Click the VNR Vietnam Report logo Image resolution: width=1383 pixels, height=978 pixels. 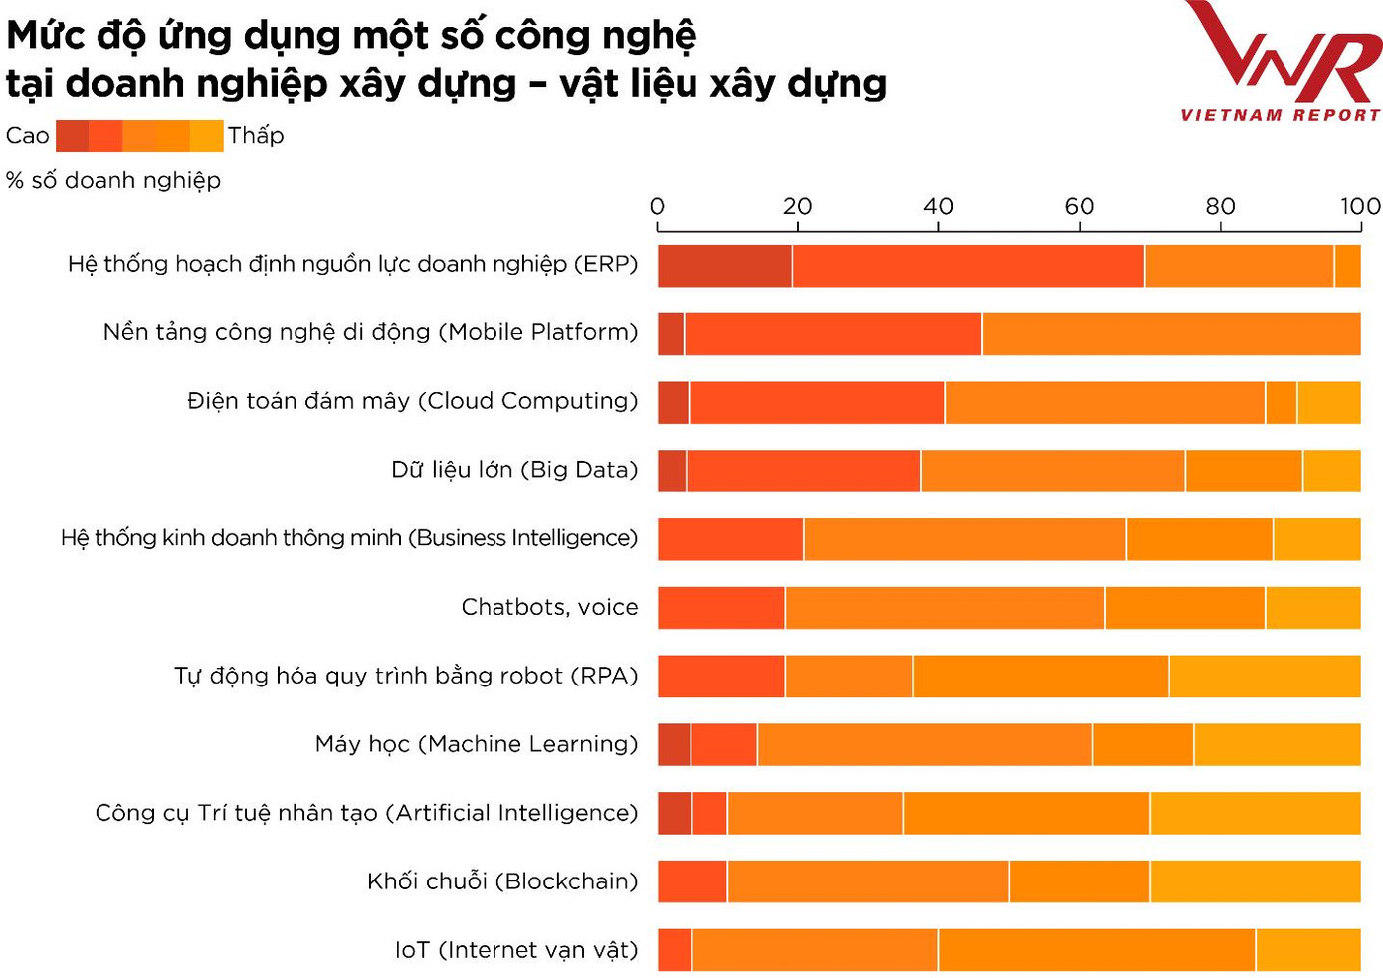(x=1282, y=62)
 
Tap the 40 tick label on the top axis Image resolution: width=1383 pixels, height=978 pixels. (x=938, y=206)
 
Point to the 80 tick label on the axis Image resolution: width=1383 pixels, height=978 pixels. (x=1220, y=206)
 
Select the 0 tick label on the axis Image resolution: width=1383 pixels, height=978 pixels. (x=657, y=206)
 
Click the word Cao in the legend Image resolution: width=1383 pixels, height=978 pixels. (x=27, y=135)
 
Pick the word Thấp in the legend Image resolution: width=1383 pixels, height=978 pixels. (x=256, y=135)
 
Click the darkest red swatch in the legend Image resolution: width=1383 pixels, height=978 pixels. (x=72, y=135)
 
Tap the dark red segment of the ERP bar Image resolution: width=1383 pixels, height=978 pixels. (x=724, y=266)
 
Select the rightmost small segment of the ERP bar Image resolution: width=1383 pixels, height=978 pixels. (x=1347, y=266)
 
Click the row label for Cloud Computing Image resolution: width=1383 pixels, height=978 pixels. (x=412, y=401)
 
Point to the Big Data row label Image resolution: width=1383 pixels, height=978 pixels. (x=514, y=470)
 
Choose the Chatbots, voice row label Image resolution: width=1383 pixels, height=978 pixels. (x=549, y=607)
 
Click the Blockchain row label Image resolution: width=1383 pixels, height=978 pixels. (x=502, y=881)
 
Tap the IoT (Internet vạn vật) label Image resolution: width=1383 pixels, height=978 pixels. (x=515, y=950)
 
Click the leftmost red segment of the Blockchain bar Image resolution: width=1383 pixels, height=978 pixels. (x=692, y=881)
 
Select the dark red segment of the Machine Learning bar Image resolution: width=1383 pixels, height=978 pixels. (x=674, y=744)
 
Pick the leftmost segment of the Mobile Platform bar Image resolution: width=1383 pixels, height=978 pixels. (x=671, y=334)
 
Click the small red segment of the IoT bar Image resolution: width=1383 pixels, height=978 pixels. (x=675, y=950)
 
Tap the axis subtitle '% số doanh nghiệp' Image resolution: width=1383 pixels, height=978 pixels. (x=113, y=180)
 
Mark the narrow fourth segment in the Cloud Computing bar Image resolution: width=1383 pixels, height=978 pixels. (x=1281, y=402)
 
